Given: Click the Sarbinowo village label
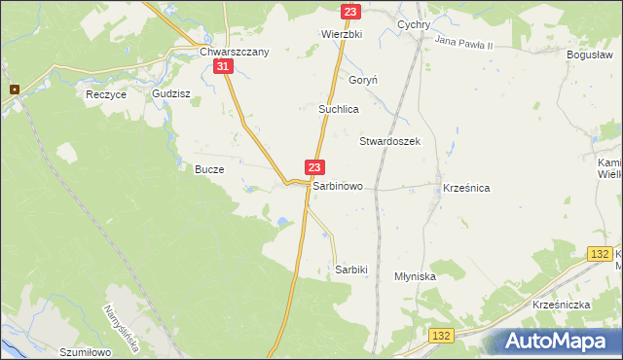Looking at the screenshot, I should pos(338,185).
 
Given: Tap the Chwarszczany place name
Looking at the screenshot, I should pos(233,52).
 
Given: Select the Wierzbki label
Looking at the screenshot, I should pos(342,33).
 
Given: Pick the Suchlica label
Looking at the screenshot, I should pos(339,110).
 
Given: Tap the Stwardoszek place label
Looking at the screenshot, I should pos(389,141).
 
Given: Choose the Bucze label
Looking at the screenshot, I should pos(209,169).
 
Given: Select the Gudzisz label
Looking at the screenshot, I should pos(170,94).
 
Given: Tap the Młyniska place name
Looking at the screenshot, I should pos(415,276).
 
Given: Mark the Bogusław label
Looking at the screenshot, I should pos(589,55).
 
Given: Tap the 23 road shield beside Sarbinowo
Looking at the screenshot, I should pos(313,168).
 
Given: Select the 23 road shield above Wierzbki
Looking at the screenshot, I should pos(351,11).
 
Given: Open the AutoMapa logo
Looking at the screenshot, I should pos(559,342).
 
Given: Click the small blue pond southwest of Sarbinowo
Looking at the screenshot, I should pos(281,223).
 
